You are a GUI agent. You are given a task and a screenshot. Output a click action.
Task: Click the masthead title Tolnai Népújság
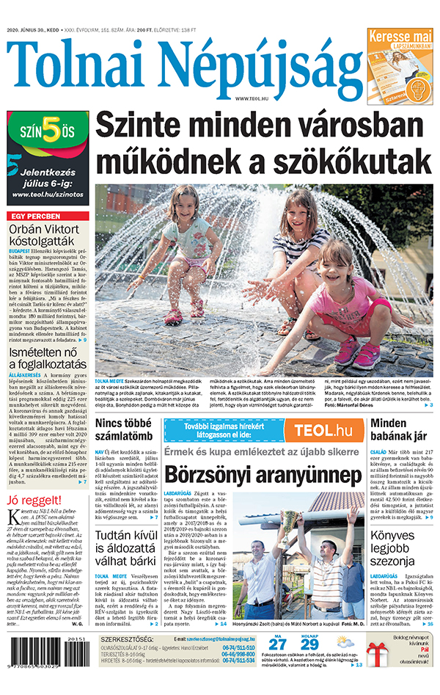point(183,66)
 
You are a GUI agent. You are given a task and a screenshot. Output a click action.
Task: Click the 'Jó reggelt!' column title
point(32,502)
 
